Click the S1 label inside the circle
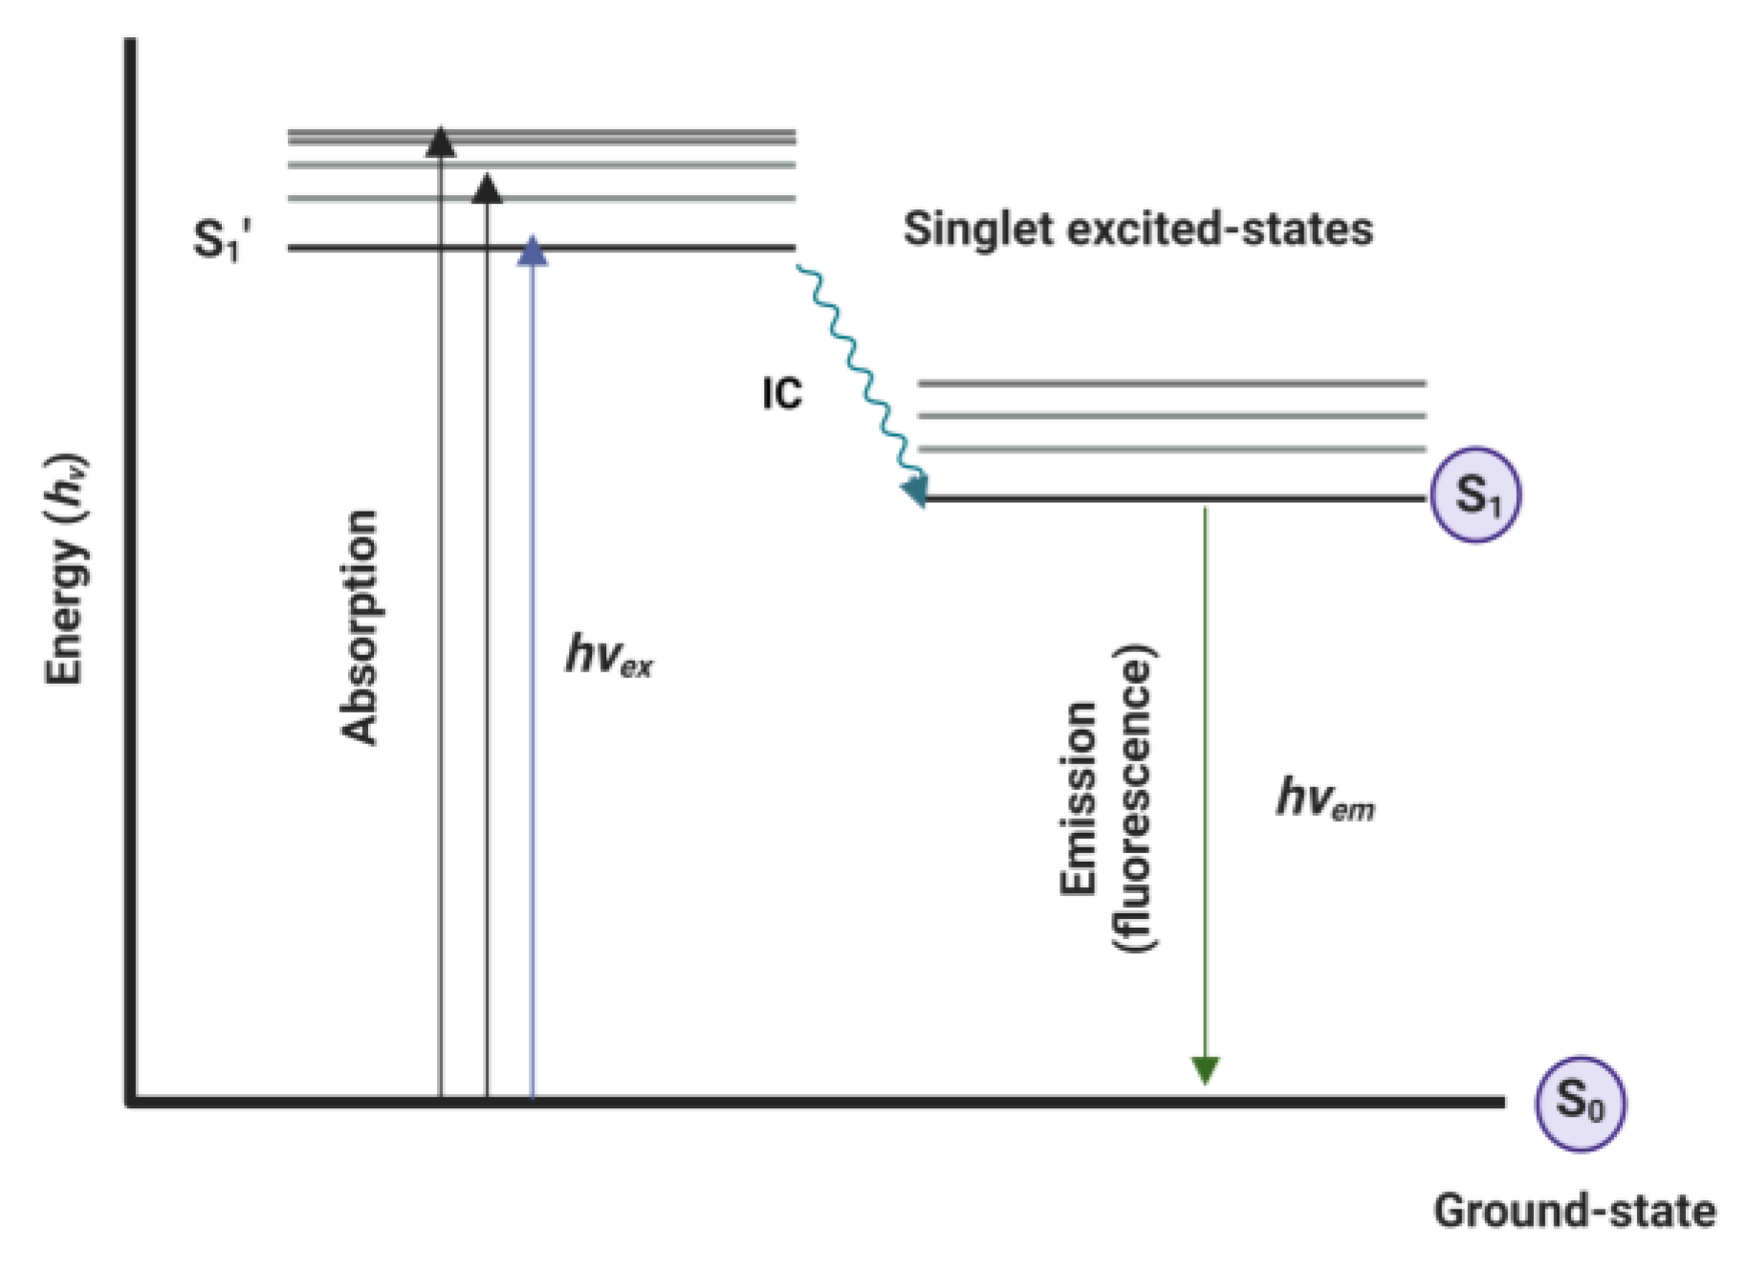tap(1474, 495)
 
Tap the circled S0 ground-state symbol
tap(1579, 1104)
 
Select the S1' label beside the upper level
tap(222, 239)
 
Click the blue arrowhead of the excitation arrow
tap(532, 252)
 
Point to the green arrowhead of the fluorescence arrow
tap(1205, 1069)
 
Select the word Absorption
tap(360, 626)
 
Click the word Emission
tap(1079, 798)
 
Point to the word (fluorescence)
tap(1134, 798)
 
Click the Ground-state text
tap(1574, 1211)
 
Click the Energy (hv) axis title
tap(67, 569)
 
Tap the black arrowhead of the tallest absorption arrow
tap(440, 142)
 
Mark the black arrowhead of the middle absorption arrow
tap(487, 189)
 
